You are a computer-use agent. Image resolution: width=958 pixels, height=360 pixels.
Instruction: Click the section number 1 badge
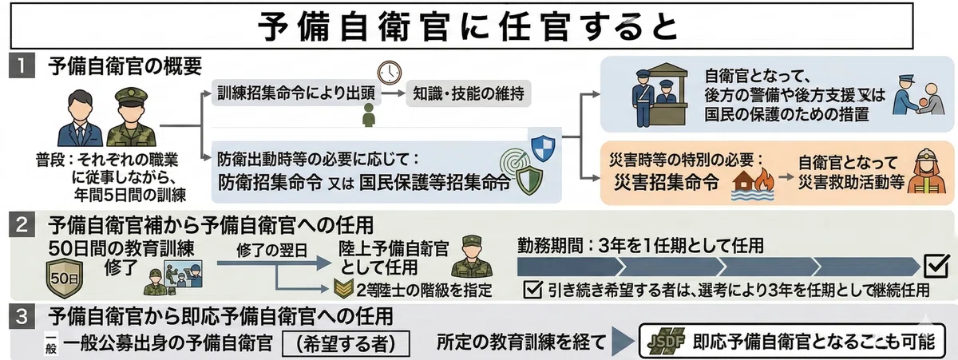pyautogui.click(x=22, y=68)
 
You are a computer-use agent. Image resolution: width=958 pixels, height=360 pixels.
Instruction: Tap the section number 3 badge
pyautogui.click(x=22, y=317)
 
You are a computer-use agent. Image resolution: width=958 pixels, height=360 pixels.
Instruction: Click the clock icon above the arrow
pyautogui.click(x=390, y=73)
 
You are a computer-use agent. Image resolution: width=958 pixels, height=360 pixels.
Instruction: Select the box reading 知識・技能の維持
pyautogui.click(x=469, y=93)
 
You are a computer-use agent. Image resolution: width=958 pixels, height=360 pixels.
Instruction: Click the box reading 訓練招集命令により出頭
pyautogui.click(x=296, y=93)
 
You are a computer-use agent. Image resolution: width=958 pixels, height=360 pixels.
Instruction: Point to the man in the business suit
pyautogui.click(x=81, y=118)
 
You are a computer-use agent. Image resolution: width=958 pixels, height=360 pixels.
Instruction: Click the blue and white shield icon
pyautogui.click(x=543, y=148)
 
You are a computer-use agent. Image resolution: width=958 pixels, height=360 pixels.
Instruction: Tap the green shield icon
pyautogui.click(x=529, y=181)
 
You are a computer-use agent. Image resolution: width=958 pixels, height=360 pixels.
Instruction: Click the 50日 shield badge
pyautogui.click(x=64, y=279)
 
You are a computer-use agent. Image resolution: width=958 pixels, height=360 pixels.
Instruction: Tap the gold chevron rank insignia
pyautogui.click(x=343, y=288)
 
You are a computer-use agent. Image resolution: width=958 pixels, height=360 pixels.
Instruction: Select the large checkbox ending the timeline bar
pyautogui.click(x=936, y=266)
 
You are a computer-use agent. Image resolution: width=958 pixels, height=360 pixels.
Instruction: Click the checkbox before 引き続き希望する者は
pyautogui.click(x=533, y=290)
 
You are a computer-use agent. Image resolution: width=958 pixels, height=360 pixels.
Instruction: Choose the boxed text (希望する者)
pyautogui.click(x=346, y=343)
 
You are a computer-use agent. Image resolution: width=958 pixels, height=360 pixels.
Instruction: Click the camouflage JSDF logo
pyautogui.click(x=666, y=341)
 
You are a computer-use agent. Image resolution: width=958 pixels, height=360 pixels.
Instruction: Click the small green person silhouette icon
pyautogui.click(x=368, y=115)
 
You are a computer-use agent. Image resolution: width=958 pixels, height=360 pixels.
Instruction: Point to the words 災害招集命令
pyautogui.click(x=667, y=183)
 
